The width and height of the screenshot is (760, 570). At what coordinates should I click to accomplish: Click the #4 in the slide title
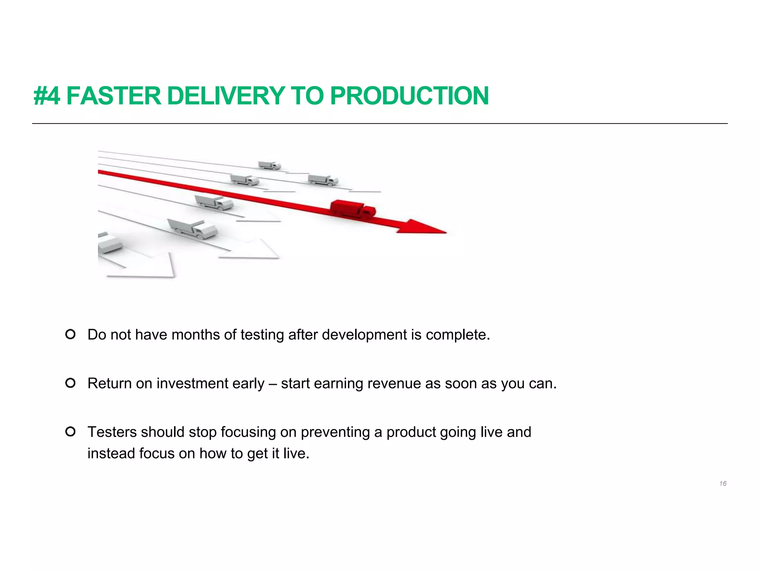coord(47,96)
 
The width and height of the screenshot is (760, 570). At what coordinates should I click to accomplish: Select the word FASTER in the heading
coord(114,96)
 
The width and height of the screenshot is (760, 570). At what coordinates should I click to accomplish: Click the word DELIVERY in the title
coord(226,96)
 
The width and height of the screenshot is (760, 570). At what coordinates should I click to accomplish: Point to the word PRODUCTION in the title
coord(409,96)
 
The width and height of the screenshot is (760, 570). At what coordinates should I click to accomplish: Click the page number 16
coord(723,484)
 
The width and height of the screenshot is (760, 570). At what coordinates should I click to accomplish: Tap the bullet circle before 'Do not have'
coord(71,334)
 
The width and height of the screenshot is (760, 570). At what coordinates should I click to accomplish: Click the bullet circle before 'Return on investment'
coord(71,383)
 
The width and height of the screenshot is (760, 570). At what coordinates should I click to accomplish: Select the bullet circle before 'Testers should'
coord(71,432)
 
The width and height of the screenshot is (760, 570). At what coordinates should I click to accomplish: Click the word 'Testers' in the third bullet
coord(112,432)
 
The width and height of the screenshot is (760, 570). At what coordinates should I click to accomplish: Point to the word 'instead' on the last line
coord(111,453)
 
